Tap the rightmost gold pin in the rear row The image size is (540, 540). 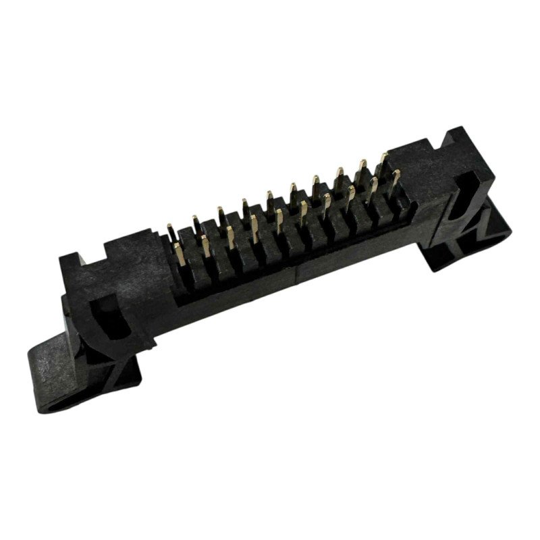point(383,160)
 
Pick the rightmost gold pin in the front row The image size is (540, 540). point(396,177)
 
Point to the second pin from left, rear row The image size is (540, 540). point(195,221)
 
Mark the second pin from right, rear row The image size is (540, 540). point(362,166)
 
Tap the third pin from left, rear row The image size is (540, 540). point(219,212)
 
